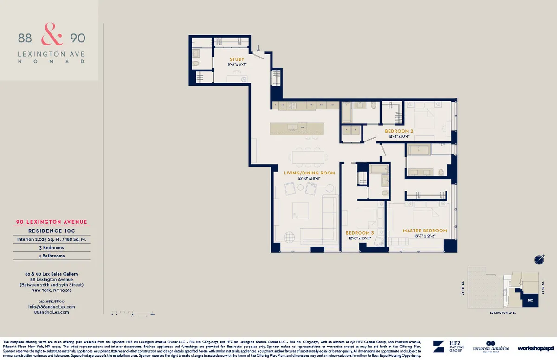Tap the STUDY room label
click(x=237, y=59)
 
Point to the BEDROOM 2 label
click(x=399, y=131)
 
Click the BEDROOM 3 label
click(x=360, y=233)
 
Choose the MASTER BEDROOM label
click(x=425, y=231)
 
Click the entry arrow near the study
click(x=259, y=48)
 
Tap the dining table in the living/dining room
click(x=308, y=157)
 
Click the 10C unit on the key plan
click(x=530, y=300)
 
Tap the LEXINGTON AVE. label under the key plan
click(x=503, y=313)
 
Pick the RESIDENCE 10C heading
click(x=52, y=231)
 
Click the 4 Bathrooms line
click(x=52, y=256)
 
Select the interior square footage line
click(x=52, y=239)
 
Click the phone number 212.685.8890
click(x=52, y=302)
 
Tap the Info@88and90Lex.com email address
click(x=52, y=307)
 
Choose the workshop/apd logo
click(x=536, y=348)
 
